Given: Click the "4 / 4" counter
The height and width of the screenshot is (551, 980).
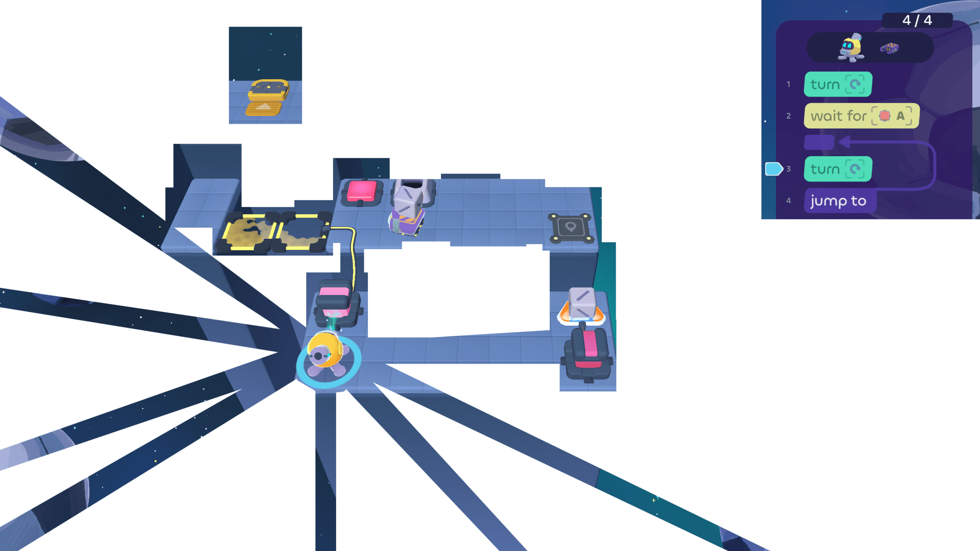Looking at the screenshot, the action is coord(917,20).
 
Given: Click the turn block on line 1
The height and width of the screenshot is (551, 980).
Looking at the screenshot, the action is coord(837,84).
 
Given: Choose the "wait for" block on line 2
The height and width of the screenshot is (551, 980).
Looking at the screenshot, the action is coord(861,116).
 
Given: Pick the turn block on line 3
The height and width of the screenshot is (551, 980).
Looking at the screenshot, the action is coord(837,169).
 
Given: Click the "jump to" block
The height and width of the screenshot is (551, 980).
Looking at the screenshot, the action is coord(839,201).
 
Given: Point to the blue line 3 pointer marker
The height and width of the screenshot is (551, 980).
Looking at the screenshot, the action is coord(773,169).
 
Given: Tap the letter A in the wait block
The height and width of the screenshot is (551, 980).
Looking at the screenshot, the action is coord(900,116).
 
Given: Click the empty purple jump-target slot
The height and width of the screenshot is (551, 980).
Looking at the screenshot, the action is coord(819,142).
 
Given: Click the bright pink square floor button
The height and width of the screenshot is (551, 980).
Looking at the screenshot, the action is coord(361,192).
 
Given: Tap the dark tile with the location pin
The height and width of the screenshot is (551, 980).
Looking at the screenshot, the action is coord(570,228).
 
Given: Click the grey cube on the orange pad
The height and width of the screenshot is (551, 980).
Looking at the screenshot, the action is coord(581,303).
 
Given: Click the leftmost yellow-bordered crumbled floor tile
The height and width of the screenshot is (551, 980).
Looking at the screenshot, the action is coord(247,231).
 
